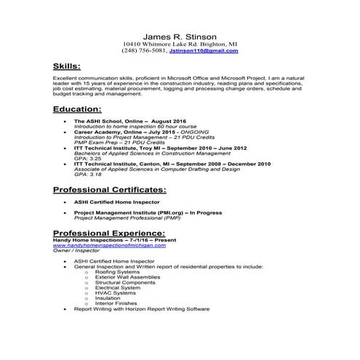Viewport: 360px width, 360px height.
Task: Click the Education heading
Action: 81,109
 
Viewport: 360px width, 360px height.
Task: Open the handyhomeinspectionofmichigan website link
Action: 109,247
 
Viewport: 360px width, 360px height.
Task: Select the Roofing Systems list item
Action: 121,271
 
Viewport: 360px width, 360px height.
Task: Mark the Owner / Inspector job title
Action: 74,252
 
